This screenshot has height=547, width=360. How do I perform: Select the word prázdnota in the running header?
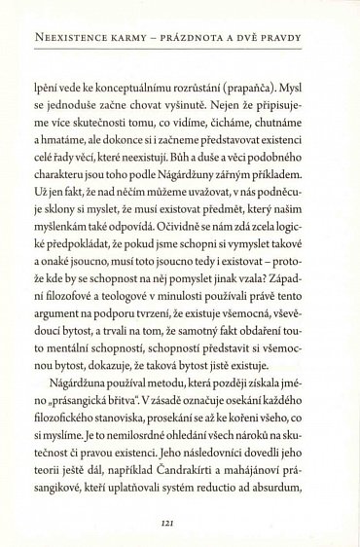pos(213,40)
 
